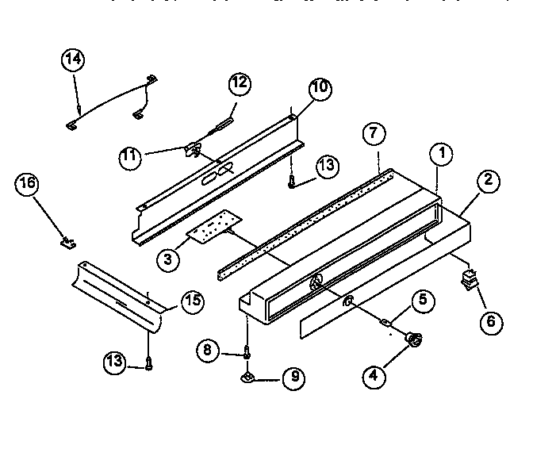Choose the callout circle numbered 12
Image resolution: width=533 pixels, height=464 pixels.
click(240, 83)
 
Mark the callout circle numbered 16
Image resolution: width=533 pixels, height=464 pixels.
click(27, 185)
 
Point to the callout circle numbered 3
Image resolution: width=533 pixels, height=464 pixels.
click(168, 259)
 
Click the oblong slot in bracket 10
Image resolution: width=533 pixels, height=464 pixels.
click(217, 174)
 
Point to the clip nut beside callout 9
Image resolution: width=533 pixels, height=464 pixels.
click(249, 377)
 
